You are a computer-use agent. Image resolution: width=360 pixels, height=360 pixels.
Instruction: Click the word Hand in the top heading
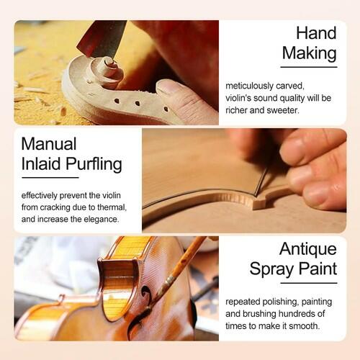[316, 33]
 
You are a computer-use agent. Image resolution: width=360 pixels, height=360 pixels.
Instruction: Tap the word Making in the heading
[310, 53]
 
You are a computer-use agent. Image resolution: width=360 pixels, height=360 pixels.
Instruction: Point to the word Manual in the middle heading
[49, 144]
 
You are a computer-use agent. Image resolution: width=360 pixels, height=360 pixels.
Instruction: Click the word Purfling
[94, 165]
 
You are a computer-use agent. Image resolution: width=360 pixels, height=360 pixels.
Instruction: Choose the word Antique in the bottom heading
[308, 250]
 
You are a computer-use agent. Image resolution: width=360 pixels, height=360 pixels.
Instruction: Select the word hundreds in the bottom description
[297, 314]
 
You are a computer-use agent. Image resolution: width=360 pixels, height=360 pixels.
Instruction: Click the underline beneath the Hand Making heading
[309, 67]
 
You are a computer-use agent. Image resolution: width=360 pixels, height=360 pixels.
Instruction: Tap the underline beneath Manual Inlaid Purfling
[50, 178]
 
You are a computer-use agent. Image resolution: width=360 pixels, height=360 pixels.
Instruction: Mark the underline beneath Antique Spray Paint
[309, 283]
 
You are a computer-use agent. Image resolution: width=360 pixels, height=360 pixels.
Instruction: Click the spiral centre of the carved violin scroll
[109, 63]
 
